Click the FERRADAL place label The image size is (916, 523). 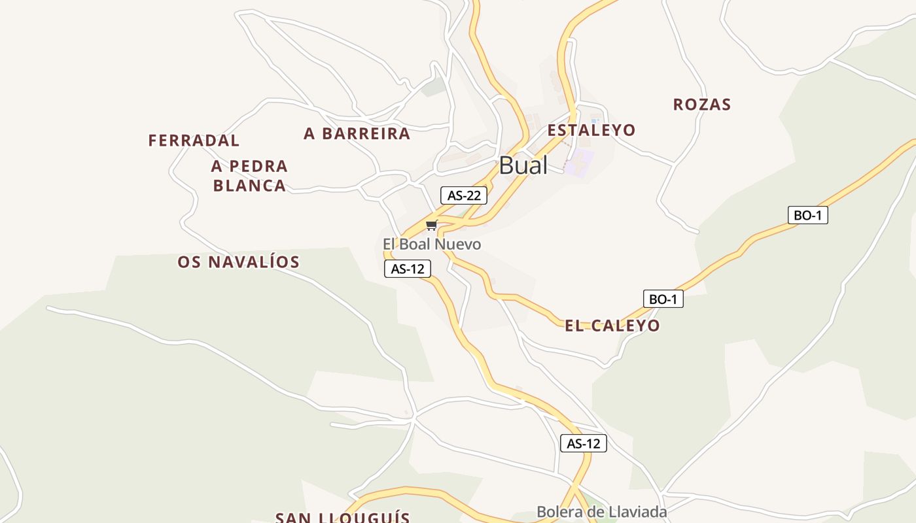click(x=194, y=141)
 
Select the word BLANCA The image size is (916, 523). click(x=249, y=186)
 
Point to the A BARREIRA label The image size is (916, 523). click(x=357, y=134)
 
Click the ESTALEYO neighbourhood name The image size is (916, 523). click(x=591, y=130)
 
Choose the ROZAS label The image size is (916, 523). click(x=701, y=105)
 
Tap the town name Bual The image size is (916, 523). click(x=523, y=165)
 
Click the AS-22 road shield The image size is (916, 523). click(x=464, y=195)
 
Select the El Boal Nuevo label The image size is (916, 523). click(x=432, y=245)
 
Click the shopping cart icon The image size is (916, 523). click(x=431, y=226)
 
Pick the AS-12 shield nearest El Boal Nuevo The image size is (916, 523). click(x=408, y=268)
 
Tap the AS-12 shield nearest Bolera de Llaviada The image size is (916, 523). click(x=584, y=443)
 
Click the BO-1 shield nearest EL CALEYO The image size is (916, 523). click(x=663, y=299)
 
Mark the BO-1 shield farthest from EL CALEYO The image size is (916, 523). click(x=807, y=215)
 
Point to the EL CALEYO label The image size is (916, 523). click(x=612, y=326)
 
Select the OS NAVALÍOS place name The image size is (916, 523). click(x=238, y=262)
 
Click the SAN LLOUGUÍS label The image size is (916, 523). click(x=342, y=517)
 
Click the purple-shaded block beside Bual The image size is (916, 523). click(x=579, y=161)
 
